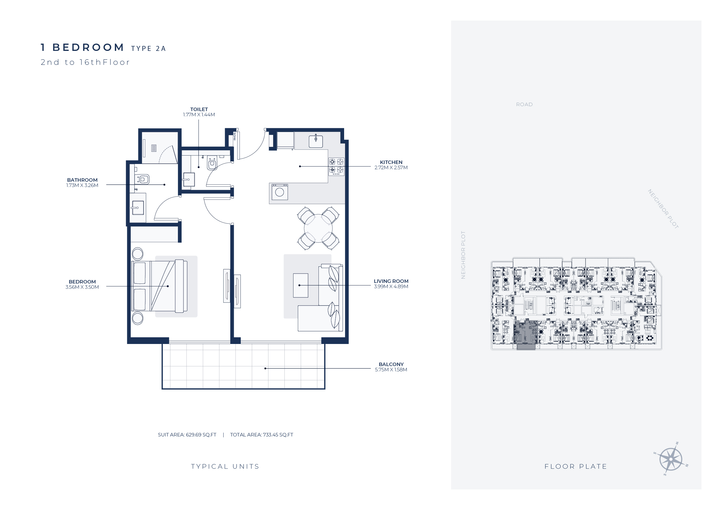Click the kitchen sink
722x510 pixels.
tap(316, 141)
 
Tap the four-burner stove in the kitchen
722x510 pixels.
tap(336, 166)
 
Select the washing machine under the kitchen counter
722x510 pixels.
tap(279, 192)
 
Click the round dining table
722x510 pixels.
tap(318, 228)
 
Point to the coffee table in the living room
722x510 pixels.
tap(301, 286)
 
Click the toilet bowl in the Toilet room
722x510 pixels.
tap(212, 163)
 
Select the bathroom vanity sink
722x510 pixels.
tap(138, 208)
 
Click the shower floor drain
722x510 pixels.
tap(154, 148)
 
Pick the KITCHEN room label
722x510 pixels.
tap(391, 162)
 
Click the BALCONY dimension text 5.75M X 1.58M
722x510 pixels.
tap(391, 370)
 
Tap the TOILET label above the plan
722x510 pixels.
tap(199, 109)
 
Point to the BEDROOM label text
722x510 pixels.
tap(82, 282)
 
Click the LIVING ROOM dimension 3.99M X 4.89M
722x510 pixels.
tap(391, 286)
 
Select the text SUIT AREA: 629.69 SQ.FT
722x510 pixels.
tap(187, 435)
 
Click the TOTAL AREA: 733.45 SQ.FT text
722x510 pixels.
tap(262, 435)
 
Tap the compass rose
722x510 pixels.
tap(671, 459)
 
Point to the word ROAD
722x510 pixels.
tap(524, 105)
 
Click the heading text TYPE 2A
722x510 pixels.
tap(148, 49)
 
